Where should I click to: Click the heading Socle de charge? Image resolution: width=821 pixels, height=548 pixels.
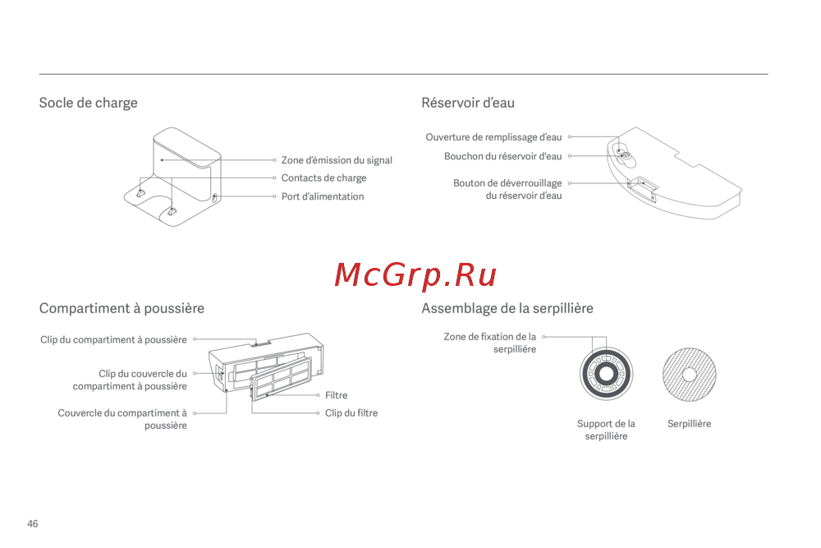[88, 103]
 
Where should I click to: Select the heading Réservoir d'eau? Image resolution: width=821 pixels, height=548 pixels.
[467, 103]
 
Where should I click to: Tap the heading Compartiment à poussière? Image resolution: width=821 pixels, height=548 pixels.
[122, 308]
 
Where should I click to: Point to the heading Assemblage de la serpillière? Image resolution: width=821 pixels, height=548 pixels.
[507, 308]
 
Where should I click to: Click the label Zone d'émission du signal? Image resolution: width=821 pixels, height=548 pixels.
[337, 160]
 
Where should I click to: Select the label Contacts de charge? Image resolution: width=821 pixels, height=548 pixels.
[323, 177]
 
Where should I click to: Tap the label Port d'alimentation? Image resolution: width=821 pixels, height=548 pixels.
[322, 196]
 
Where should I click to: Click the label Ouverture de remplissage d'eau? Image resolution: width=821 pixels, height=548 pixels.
[493, 137]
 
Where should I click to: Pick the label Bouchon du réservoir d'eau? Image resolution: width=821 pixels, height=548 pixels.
[502, 156]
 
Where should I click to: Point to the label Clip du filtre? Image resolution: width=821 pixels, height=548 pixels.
[351, 412]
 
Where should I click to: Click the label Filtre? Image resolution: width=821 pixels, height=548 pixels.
[336, 395]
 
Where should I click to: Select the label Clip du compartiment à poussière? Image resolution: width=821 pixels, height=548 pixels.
[113, 339]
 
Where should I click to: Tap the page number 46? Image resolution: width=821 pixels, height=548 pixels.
[33, 523]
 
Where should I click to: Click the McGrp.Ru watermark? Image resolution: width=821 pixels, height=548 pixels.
[415, 275]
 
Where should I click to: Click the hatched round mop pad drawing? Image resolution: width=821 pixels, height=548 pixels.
[690, 374]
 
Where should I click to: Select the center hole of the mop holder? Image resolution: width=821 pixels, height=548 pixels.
[606, 375]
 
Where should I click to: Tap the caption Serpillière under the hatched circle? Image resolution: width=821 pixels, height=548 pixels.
[689, 424]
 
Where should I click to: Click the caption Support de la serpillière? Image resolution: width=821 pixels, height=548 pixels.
[606, 430]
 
